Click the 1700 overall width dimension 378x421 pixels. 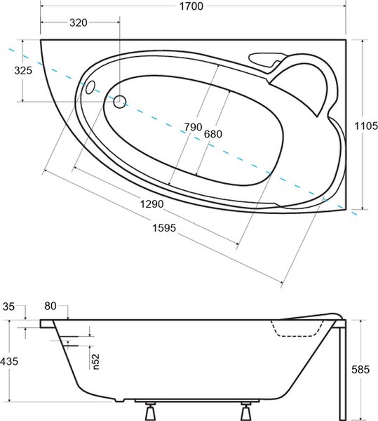point(191,6)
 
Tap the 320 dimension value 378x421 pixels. point(79,23)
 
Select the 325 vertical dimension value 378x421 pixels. point(23,71)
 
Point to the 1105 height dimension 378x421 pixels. point(366,126)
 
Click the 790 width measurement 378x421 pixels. point(193,127)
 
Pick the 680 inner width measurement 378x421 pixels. point(213,134)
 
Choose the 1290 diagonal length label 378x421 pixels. point(152,204)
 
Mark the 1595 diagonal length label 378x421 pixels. point(164,228)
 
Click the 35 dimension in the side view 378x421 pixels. point(8,307)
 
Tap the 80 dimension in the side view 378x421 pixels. point(50,306)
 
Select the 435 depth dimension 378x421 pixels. point(9,361)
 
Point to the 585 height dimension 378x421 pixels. point(360,370)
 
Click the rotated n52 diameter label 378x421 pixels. point(96,361)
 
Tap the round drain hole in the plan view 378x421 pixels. point(120,102)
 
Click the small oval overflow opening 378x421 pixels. point(90,87)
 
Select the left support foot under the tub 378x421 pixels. point(150,411)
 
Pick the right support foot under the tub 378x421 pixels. point(245,411)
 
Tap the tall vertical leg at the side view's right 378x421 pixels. point(342,370)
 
